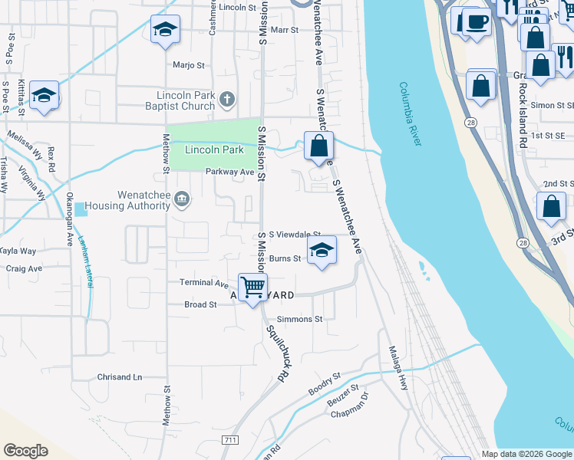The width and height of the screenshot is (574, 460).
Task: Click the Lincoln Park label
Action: point(214,149)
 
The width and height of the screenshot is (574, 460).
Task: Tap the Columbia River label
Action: point(421,114)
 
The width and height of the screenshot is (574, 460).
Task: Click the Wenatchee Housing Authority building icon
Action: point(182,199)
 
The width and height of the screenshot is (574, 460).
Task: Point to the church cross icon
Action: point(226,99)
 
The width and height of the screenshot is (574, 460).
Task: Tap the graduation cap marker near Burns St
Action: point(322,250)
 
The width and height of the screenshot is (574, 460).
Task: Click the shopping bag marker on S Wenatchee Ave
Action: point(318,145)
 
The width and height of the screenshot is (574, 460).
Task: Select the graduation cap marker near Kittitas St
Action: point(45,96)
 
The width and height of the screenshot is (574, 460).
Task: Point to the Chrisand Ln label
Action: point(120,377)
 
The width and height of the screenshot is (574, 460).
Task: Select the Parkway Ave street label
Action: point(229,172)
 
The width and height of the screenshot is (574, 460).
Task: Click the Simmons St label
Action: point(305,319)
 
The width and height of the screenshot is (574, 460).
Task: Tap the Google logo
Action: point(25,451)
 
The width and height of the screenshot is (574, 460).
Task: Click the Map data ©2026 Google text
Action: point(526,454)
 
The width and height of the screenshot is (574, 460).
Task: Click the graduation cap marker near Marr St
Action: point(165,30)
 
